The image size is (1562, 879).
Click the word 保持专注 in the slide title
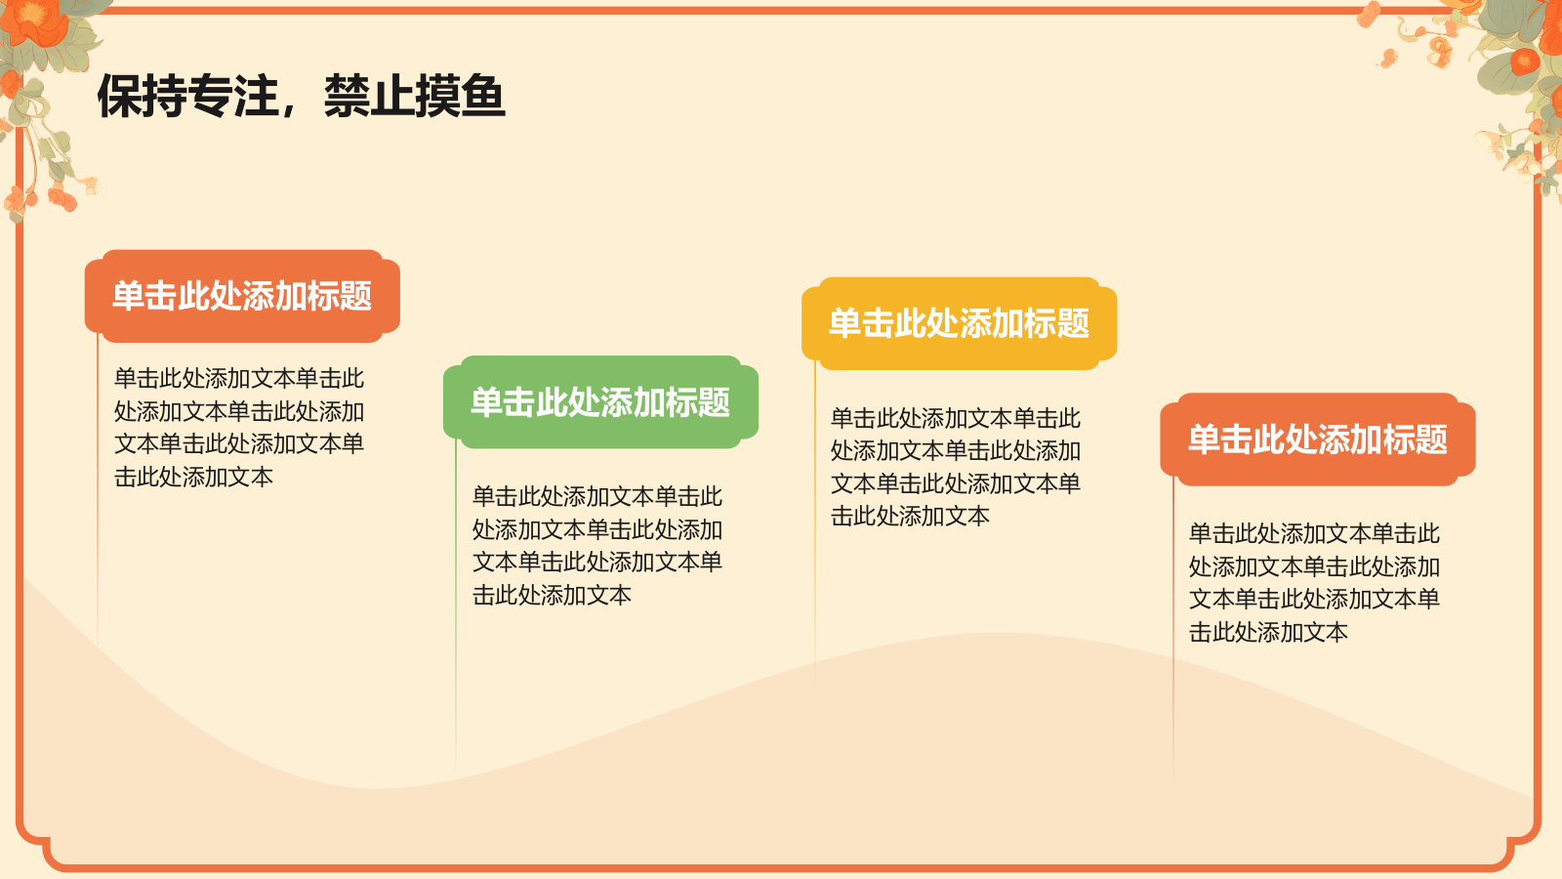click(187, 96)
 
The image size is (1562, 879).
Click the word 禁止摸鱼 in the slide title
click(414, 96)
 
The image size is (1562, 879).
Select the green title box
click(600, 402)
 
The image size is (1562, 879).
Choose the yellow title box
click(959, 323)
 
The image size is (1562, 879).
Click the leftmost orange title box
click(242, 296)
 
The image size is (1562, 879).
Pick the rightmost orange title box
click(1317, 439)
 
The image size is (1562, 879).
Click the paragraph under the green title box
click(597, 545)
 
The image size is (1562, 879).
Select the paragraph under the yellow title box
click(956, 467)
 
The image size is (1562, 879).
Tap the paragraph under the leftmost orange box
click(239, 427)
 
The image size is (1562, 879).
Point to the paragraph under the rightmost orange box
click(1314, 582)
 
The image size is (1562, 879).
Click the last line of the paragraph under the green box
click(553, 595)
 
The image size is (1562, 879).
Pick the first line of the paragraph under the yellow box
click(956, 418)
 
